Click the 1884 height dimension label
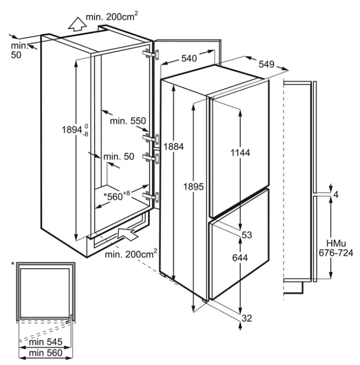174,147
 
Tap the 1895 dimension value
193,187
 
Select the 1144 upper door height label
240,153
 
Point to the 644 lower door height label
240,258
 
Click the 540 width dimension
189,58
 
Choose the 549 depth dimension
266,64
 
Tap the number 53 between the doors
247,235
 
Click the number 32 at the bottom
247,318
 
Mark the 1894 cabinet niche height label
75,129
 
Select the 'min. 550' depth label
128,121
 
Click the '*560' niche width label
116,196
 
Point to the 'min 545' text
46,342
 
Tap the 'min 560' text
46,353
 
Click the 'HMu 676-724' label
336,248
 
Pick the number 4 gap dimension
335,195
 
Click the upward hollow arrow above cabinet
77,24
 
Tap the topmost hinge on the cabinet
151,54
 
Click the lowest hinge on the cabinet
151,197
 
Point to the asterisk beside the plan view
13,264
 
